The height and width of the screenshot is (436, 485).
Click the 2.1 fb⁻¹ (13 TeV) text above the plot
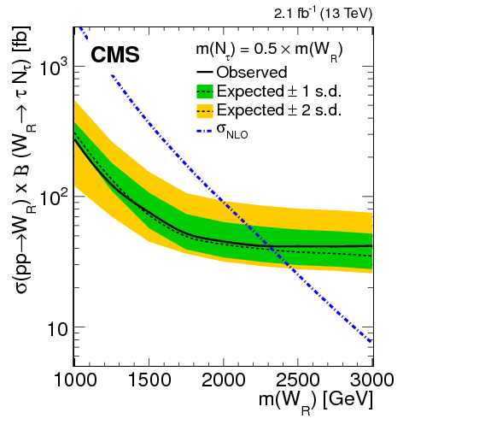click(x=317, y=14)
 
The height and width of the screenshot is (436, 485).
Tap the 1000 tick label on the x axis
click(x=75, y=380)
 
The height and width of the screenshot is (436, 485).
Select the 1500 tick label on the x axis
click(x=149, y=380)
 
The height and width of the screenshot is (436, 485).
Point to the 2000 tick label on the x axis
click(x=224, y=380)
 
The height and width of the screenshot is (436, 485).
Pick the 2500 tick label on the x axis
click(x=298, y=380)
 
